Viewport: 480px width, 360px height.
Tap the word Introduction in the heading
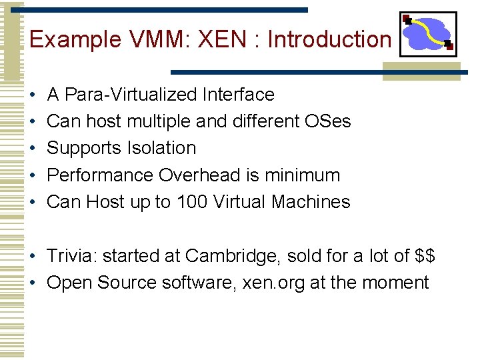tap(329, 39)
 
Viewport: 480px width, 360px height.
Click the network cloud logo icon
tap(428, 34)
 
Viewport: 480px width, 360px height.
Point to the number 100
tap(192, 202)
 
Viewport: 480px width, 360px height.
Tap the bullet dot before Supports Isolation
tap(33, 148)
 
